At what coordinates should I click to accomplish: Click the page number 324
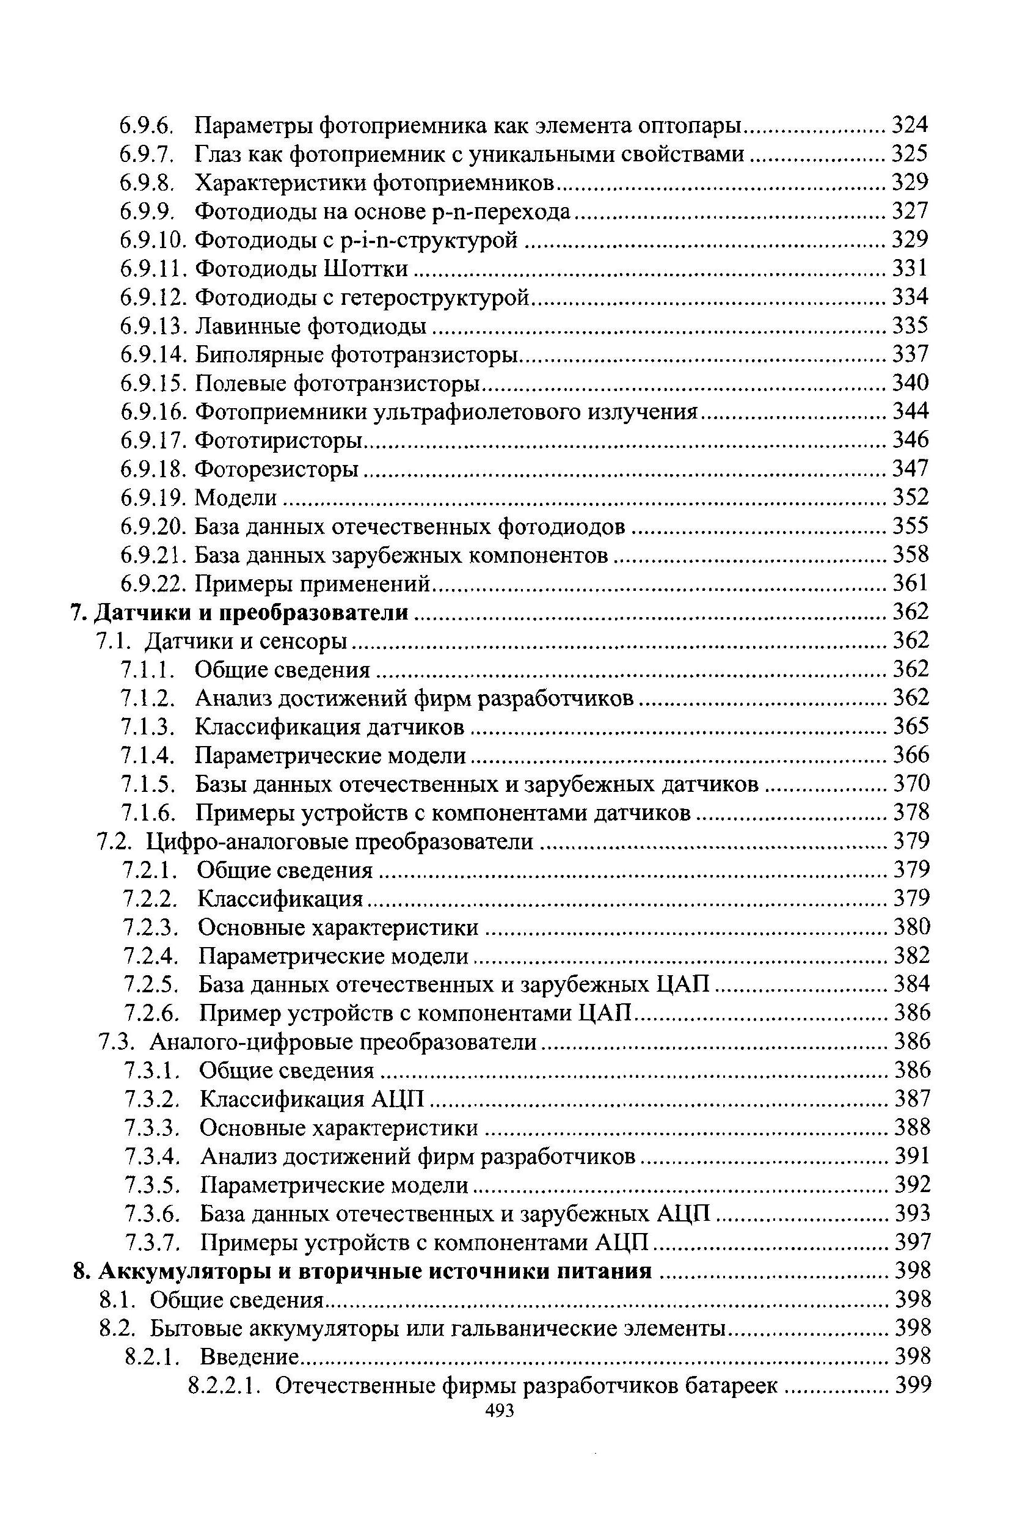[911, 124]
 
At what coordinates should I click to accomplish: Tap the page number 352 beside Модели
[911, 497]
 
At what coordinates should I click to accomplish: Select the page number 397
[913, 1243]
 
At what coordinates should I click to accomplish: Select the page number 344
[911, 411]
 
